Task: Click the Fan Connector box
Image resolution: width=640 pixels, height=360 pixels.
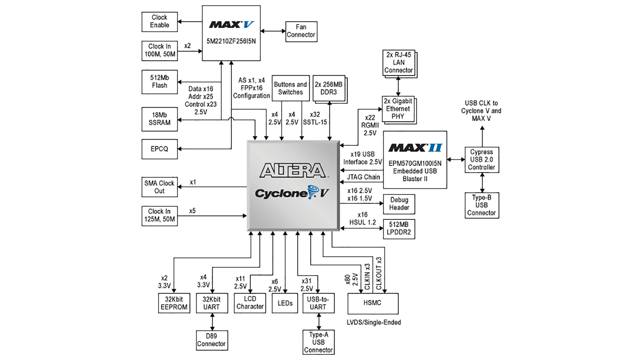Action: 301,31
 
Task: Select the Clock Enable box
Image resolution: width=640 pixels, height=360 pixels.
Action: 159,22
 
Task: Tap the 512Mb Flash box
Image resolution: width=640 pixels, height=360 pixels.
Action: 159,82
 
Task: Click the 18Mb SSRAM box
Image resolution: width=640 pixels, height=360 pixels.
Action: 159,119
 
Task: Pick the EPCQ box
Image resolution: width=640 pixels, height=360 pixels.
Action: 159,149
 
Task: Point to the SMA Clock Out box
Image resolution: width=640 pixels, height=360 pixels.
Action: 159,187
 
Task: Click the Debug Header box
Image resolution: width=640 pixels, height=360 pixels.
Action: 399,204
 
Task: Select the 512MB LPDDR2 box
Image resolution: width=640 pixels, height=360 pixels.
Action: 399,229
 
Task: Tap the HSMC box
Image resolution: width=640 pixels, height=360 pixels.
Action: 373,303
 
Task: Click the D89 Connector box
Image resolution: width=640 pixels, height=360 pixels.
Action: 212,340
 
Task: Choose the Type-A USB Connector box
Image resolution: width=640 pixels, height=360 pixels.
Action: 318,342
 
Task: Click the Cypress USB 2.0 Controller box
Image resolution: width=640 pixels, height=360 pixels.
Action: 482,160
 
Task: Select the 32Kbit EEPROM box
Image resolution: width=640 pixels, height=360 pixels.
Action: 174,303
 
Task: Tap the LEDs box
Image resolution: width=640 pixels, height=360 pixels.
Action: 285,303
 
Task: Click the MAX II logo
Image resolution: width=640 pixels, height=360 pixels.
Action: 415,148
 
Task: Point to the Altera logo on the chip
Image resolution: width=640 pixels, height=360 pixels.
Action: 293,170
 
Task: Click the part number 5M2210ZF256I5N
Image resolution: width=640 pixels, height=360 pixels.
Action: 231,41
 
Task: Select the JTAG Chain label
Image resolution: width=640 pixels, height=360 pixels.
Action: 363,177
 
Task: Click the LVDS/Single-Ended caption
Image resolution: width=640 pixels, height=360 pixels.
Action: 374,322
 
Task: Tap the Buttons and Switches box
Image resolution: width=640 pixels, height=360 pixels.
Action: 290,88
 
